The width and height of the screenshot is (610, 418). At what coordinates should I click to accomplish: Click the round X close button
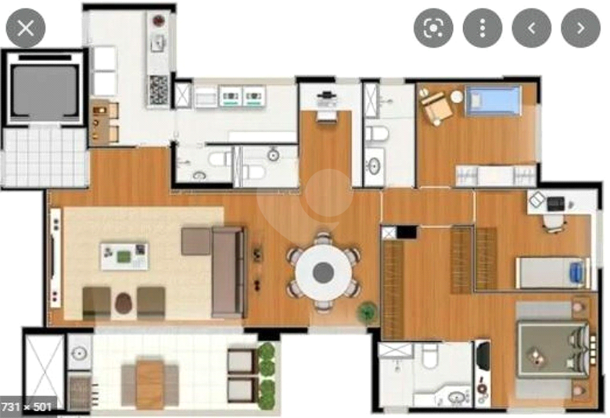point(26,28)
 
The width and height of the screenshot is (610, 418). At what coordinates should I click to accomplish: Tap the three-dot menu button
point(483,28)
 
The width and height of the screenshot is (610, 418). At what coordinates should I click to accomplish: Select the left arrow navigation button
point(532,28)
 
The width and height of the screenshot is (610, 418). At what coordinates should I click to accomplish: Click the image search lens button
point(433,28)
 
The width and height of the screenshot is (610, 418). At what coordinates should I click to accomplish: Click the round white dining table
point(323,272)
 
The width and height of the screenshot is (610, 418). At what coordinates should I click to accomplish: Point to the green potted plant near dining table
point(368,312)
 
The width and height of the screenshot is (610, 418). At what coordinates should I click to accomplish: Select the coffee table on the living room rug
point(124,256)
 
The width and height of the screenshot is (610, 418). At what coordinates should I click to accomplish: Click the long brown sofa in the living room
point(228,272)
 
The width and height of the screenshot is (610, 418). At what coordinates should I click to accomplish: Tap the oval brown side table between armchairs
point(124,303)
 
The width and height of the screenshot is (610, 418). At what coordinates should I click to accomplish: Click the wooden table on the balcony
point(150,384)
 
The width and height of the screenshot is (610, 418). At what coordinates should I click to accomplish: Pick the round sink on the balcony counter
point(79,353)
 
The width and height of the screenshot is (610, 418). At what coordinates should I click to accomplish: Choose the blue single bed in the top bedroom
point(493,101)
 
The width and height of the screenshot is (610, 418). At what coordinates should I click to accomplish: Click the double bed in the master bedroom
point(553,350)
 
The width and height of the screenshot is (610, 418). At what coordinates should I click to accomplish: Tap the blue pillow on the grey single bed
point(576,272)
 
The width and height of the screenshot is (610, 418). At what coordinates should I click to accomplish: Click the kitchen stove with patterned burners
point(158,90)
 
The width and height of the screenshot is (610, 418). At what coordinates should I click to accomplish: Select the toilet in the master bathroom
point(430,355)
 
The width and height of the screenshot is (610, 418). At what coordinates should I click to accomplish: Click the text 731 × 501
point(27,407)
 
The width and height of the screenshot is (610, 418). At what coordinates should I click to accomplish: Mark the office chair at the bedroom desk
point(554,223)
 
